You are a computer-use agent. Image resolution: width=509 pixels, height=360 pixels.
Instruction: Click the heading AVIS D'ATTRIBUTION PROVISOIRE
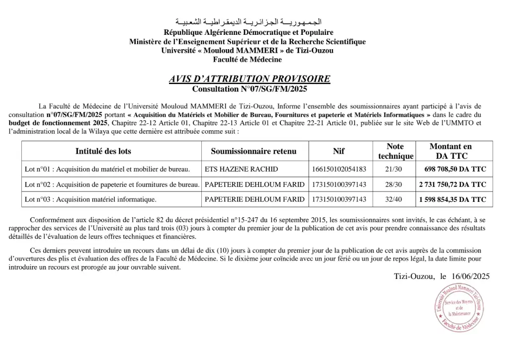[249, 79]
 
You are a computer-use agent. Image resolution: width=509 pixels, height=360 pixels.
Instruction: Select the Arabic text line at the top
[249, 22]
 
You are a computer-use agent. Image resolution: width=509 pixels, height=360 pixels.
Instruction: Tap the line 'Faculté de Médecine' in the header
[247, 60]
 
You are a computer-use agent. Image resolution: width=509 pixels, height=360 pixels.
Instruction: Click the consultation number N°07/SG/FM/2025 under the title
[250, 90]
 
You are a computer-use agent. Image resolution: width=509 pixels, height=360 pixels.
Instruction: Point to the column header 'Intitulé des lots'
[103, 151]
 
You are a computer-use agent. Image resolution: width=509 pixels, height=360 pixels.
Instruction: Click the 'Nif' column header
[339, 151]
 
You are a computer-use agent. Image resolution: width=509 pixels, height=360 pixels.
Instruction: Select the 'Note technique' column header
[395, 151]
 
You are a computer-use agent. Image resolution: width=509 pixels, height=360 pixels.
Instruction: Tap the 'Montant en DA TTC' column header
[451, 151]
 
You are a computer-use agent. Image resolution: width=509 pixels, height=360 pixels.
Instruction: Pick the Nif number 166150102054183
[339, 169]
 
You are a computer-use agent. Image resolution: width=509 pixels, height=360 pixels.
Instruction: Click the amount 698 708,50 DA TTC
[455, 169]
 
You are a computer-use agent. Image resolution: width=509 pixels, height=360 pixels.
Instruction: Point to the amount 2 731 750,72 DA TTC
[452, 184]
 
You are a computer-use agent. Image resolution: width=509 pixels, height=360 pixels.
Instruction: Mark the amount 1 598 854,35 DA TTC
[452, 199]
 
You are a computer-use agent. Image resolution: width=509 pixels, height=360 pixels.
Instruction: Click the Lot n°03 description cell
[90, 199]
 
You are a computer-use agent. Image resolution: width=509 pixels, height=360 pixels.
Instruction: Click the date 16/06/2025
[471, 276]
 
